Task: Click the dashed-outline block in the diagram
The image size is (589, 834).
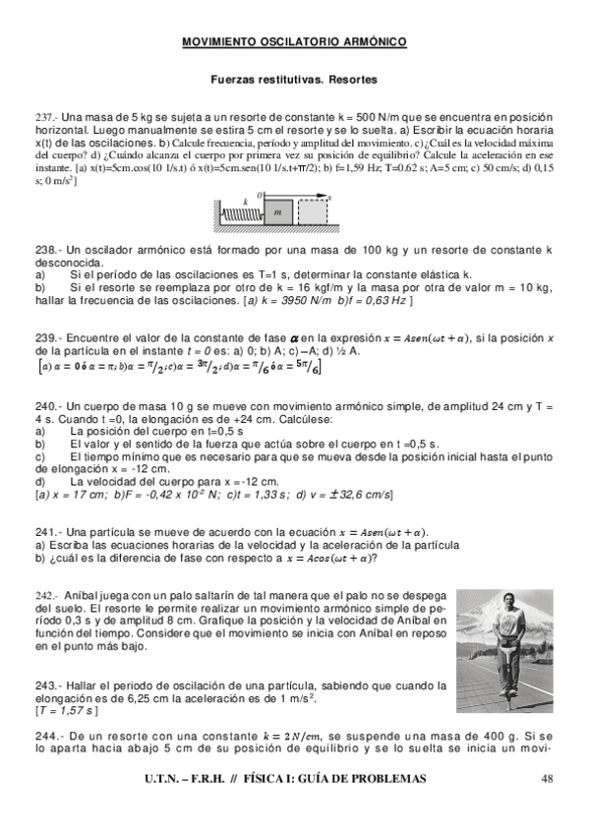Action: click(x=313, y=210)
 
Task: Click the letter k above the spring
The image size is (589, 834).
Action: click(x=245, y=200)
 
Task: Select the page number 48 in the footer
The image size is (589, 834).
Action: click(x=548, y=779)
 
